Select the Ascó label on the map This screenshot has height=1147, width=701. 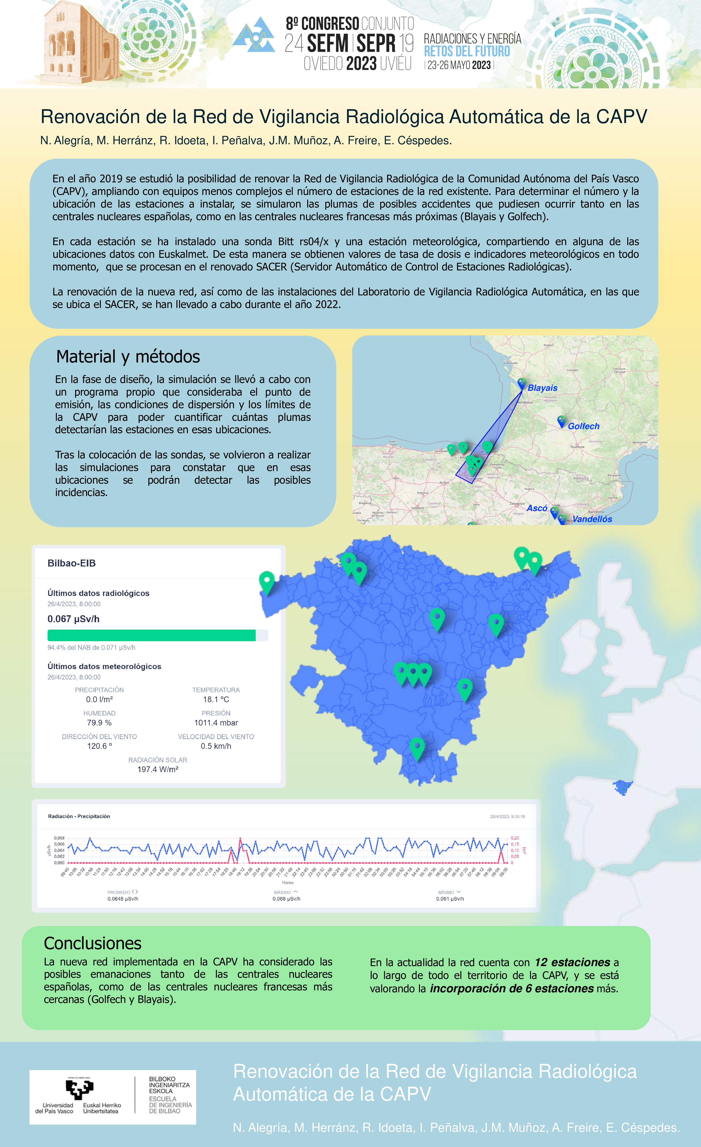537,508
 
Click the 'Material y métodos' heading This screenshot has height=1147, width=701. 128,357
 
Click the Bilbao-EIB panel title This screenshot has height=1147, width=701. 72,563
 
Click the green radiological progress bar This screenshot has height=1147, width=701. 151,635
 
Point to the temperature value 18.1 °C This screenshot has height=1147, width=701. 216,699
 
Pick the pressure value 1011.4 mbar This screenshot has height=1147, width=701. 216,722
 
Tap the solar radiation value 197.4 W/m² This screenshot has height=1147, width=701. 158,769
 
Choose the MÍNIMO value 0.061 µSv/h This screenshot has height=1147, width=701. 450,899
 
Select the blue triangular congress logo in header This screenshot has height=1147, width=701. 254,35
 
